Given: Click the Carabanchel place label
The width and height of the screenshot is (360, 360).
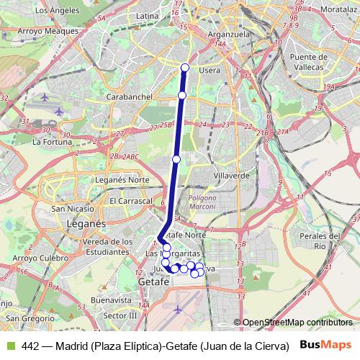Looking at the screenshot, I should pos(127,96).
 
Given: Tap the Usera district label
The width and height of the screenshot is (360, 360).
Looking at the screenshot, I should pos(210,70).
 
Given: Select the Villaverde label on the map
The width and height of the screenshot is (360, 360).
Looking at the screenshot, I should pos(231,174).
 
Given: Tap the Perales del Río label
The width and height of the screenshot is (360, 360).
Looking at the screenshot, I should pos(321,240).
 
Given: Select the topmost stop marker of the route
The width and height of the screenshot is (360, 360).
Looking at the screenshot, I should pos(185,68).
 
